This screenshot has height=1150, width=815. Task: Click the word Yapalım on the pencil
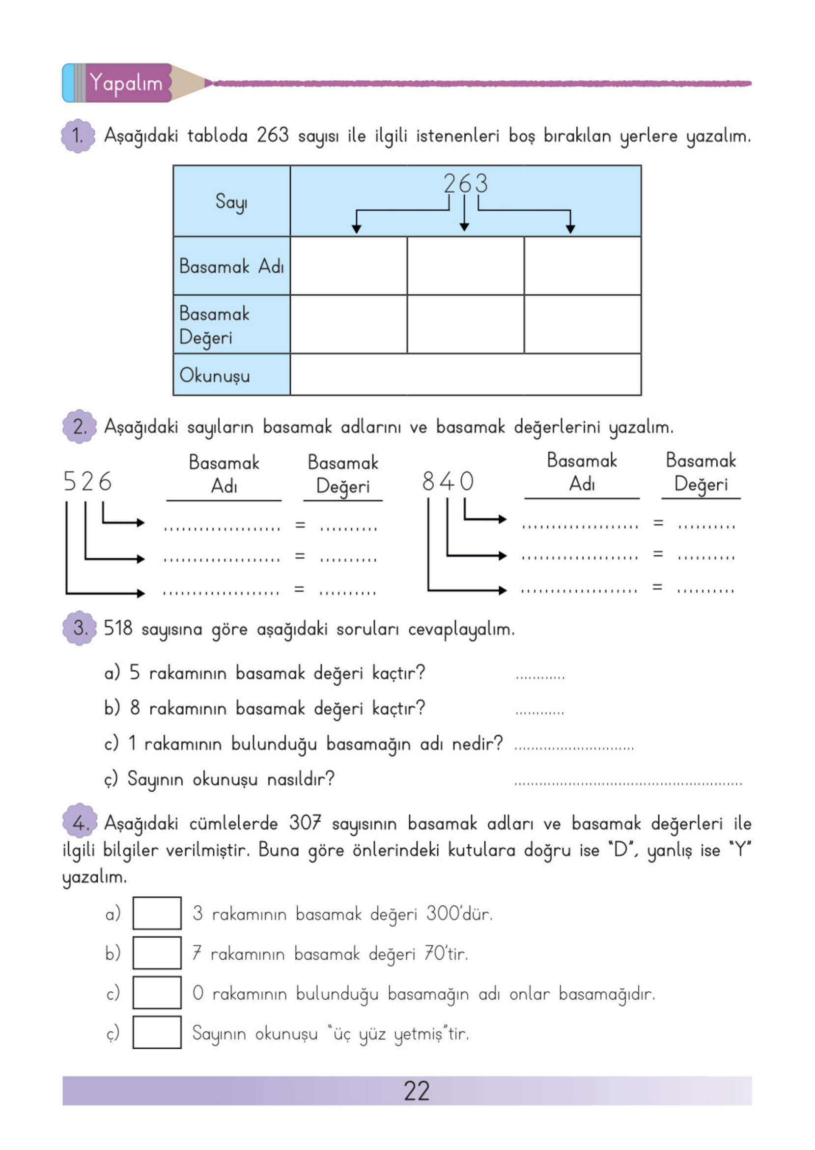tap(126, 83)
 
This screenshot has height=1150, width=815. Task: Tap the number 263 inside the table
tap(465, 184)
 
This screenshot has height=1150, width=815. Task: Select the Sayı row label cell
tap(231, 201)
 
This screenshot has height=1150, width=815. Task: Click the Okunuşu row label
tap(215, 375)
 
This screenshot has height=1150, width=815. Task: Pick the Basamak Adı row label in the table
tap(231, 266)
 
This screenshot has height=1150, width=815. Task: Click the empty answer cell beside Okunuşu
tap(465, 375)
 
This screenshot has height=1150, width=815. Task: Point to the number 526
tap(87, 482)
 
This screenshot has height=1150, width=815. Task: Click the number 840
tap(448, 482)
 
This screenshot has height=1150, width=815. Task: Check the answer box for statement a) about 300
tap(157, 913)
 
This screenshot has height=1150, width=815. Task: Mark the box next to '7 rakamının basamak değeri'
tap(157, 953)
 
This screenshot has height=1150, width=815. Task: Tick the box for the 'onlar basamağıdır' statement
tap(157, 992)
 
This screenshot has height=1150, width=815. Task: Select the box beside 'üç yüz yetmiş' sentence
tap(157, 1032)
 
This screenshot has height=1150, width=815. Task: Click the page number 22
tap(417, 1091)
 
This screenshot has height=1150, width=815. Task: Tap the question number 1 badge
tap(78, 136)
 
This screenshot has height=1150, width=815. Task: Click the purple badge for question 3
tap(79, 628)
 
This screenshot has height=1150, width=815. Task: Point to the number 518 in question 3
tap(118, 629)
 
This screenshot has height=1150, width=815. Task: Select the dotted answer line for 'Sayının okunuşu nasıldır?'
tap(627, 782)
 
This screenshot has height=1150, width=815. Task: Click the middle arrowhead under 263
tap(464, 228)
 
